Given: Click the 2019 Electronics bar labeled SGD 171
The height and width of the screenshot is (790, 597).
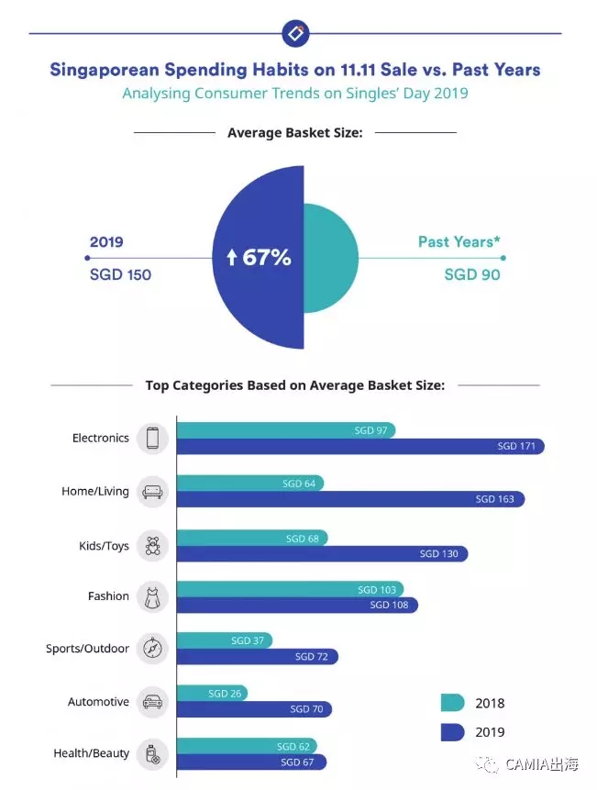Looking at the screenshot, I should pos(359,447).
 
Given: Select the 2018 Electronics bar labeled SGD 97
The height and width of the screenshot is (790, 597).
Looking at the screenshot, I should pos(285,430).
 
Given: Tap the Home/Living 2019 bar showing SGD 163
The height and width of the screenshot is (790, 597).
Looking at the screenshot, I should pos(349,500).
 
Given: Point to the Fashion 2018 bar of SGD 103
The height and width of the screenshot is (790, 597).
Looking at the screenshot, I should pos(289,590).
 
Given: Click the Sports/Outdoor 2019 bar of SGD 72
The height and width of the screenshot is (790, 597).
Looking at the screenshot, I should pos(257,657).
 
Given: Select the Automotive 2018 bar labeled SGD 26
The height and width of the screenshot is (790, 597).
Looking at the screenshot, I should pos(211,694).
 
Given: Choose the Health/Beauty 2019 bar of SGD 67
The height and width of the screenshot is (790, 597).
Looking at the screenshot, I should pos(250,762).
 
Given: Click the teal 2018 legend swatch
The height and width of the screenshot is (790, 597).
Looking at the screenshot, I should pos(452,704).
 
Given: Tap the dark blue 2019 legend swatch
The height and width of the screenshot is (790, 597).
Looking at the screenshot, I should pos(452,732).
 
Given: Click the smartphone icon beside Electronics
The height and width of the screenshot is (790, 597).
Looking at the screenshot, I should pos(152,439).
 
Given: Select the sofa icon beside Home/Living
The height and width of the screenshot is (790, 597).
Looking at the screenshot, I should pos(152,492).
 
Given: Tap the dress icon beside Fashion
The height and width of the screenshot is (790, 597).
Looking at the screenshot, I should pos(152,597).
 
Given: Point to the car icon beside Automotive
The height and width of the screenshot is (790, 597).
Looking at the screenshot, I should pos(152,703).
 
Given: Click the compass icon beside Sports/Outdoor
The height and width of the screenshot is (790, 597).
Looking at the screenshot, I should pos(152,650).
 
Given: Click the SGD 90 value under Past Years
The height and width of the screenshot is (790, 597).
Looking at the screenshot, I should pos(472,274).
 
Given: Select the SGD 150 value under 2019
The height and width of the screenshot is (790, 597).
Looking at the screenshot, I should pos(120,274).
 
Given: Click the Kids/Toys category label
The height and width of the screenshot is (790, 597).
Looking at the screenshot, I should pos(104,546).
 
